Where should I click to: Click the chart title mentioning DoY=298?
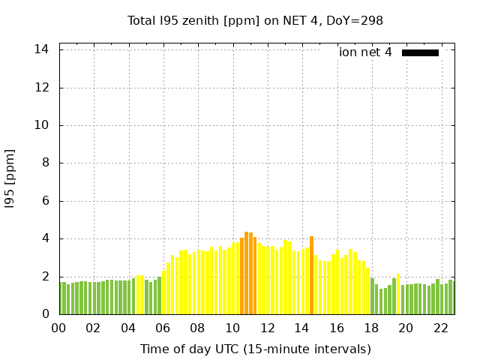point(255,21)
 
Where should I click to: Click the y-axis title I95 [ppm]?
point(10,178)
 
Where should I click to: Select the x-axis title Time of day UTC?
point(255,349)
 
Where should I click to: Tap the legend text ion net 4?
point(365,52)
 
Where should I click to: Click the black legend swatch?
point(420,52)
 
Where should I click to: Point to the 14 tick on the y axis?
point(42,49)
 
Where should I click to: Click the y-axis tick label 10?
point(42,125)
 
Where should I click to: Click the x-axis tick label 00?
point(58,328)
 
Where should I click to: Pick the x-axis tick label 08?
point(197,328)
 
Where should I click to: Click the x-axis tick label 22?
point(440,328)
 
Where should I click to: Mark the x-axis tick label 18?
point(370,328)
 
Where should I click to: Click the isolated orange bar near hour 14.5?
point(311,275)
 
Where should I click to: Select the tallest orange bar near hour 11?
point(246,273)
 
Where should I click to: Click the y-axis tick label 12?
point(42,88)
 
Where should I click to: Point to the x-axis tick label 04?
point(128,328)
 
